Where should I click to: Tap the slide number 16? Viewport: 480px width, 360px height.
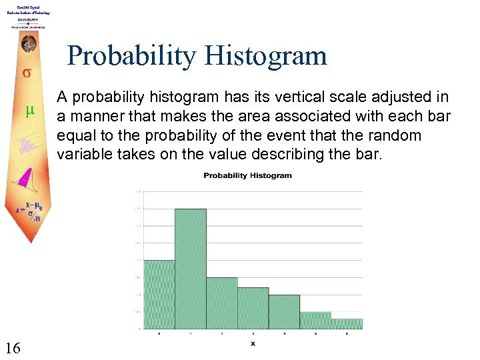pos(13,347)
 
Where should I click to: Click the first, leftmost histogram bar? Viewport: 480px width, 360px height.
pos(159,294)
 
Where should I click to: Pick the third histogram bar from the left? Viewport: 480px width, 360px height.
pos(221,303)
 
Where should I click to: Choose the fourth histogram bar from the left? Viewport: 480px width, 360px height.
pos(253,307)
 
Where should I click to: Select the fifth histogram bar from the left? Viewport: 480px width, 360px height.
pos(284,311)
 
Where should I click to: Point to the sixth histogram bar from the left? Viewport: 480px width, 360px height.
pos(315,320)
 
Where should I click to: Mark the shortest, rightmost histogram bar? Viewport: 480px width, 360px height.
pos(347,323)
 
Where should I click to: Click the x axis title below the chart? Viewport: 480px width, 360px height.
pos(253,344)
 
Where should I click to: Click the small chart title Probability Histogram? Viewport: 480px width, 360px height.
pos(247,176)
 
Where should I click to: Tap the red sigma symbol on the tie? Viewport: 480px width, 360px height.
pos(27,73)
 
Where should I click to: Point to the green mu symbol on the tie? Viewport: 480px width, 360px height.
pos(29,113)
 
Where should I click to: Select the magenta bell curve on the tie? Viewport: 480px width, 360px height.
pos(25,177)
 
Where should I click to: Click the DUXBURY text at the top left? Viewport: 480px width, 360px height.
pos(27,19)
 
